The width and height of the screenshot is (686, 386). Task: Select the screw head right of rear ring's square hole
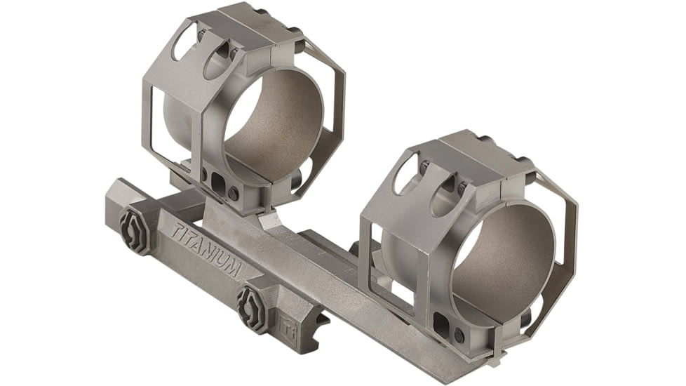pos(234,193)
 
